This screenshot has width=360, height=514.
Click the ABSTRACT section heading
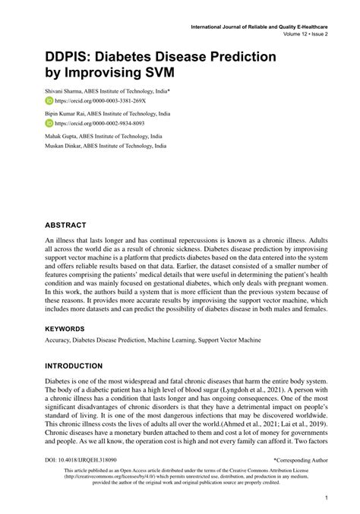(68, 225)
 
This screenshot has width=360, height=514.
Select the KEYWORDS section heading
(70, 329)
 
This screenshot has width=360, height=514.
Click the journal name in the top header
(253, 27)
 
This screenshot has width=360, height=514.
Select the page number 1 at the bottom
(325, 498)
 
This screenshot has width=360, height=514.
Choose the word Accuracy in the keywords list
(58, 342)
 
